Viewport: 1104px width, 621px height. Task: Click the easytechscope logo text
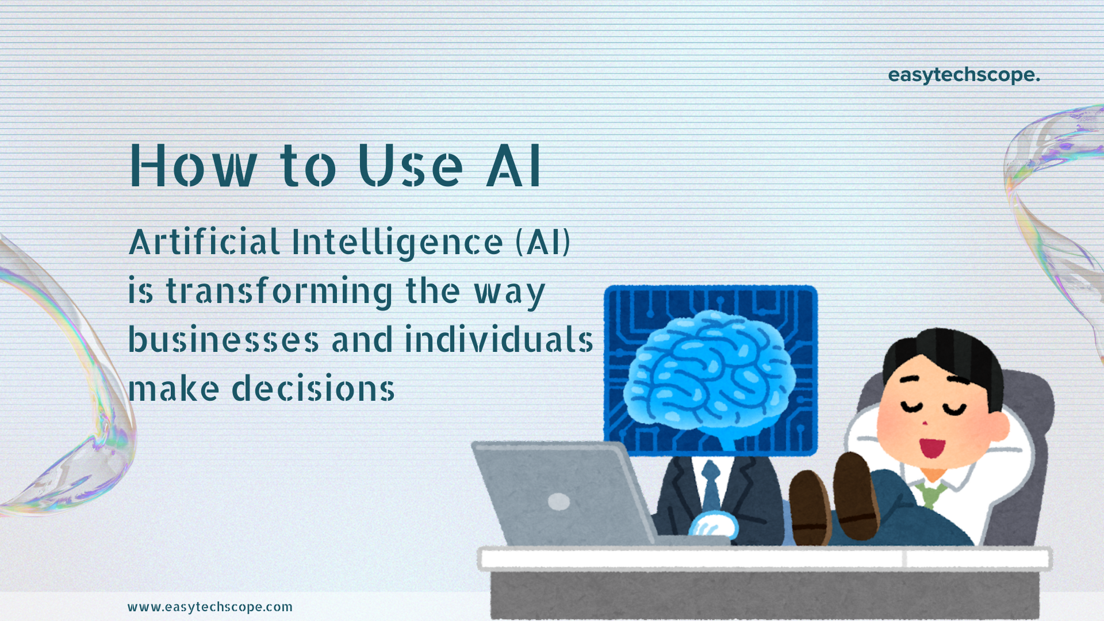click(x=964, y=75)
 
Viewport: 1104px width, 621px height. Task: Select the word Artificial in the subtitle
click(x=204, y=241)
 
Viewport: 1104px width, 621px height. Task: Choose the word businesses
click(x=223, y=339)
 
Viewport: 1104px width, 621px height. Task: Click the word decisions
click(x=313, y=388)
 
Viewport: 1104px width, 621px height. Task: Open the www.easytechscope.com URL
click(x=210, y=607)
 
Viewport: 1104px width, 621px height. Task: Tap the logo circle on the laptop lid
click(x=559, y=501)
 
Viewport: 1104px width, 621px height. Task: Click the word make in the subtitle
click(x=174, y=388)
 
